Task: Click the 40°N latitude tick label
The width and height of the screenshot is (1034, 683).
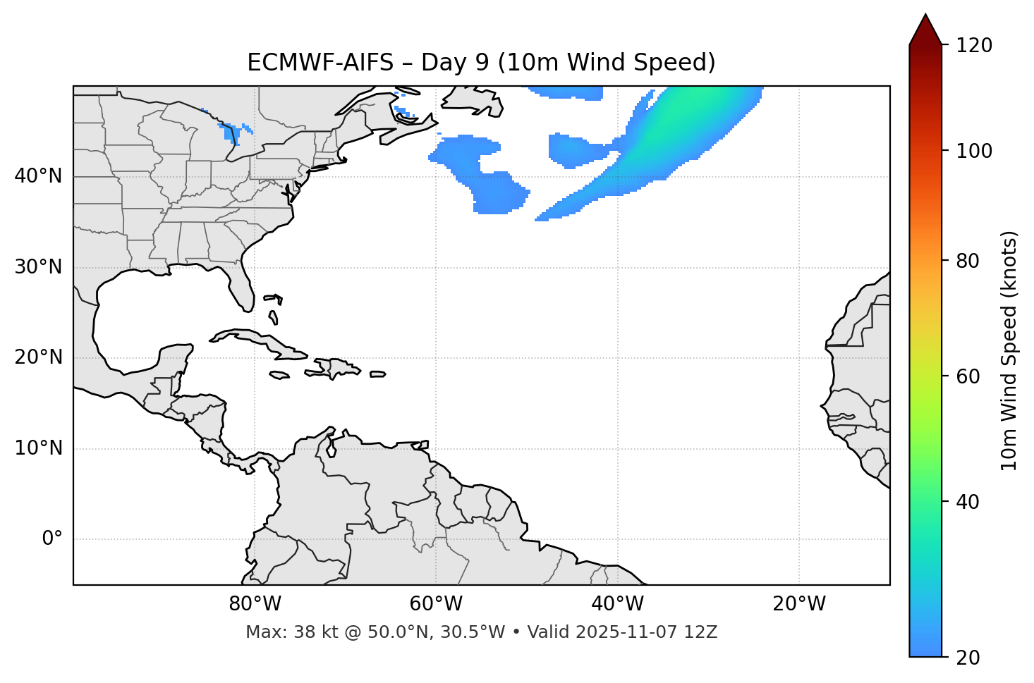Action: (x=38, y=176)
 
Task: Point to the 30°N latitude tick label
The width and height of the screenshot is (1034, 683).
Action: (x=38, y=267)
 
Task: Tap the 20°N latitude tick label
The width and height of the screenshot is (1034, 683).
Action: (x=38, y=357)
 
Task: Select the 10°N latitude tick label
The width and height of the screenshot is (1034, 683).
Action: (x=38, y=448)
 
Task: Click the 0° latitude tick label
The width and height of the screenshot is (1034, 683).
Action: (x=52, y=539)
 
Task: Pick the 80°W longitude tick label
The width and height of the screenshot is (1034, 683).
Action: (x=255, y=604)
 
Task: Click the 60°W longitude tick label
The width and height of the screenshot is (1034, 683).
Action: (x=436, y=604)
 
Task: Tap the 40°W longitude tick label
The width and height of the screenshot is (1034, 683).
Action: (x=617, y=604)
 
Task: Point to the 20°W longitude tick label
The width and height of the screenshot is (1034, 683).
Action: (x=799, y=604)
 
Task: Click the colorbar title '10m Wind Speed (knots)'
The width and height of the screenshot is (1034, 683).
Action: (x=1009, y=350)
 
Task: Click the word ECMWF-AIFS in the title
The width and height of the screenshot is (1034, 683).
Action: (x=320, y=63)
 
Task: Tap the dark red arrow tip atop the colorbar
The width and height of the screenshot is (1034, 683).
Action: (x=925, y=27)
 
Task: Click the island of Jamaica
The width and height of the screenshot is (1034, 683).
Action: (x=279, y=375)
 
